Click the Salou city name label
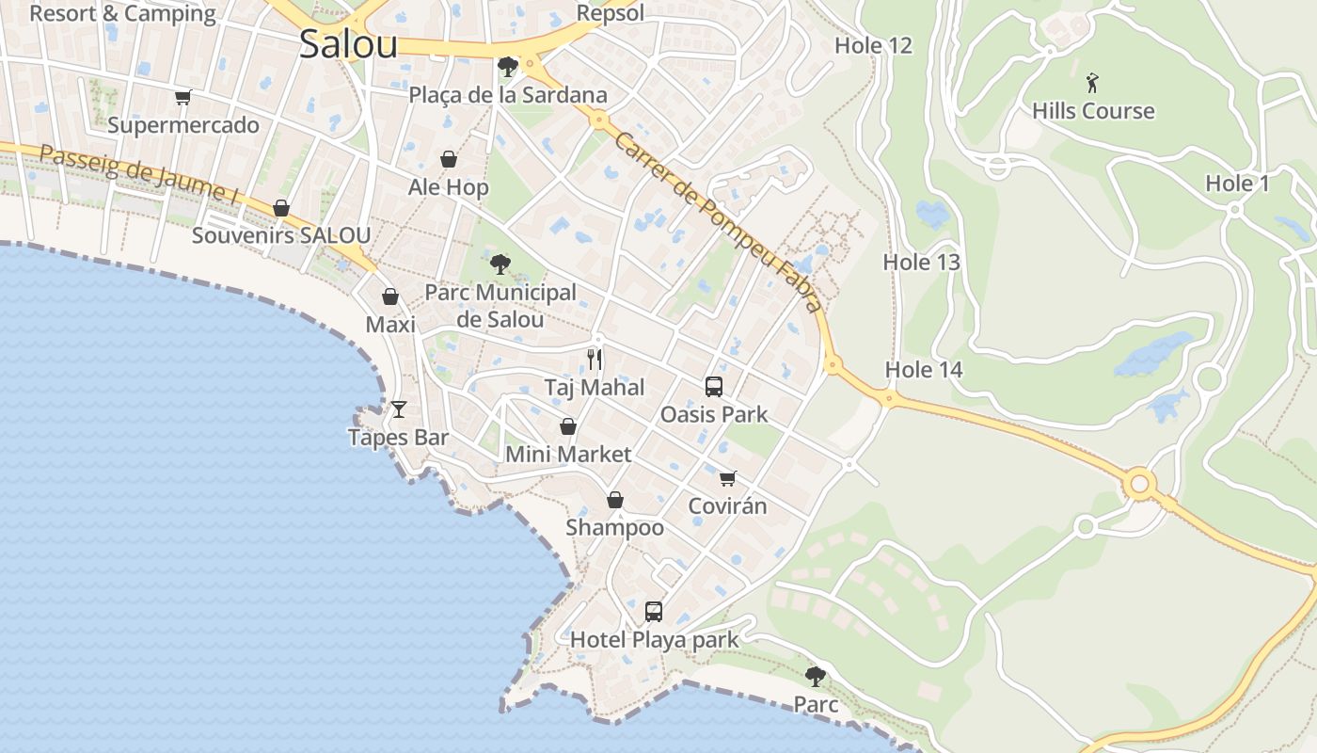pyautogui.click(x=348, y=43)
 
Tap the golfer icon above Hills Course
pyautogui.click(x=1092, y=83)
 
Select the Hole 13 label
pyautogui.click(x=921, y=263)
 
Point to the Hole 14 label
pyautogui.click(x=924, y=370)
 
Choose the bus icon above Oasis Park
pyautogui.click(x=714, y=387)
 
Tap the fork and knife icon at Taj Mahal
pyautogui.click(x=595, y=360)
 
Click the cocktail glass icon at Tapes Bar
pyautogui.click(x=399, y=409)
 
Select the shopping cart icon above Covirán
pyautogui.click(x=727, y=479)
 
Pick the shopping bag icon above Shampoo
pyautogui.click(x=615, y=500)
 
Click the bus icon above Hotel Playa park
pyautogui.click(x=654, y=612)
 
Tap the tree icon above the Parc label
pyautogui.click(x=816, y=676)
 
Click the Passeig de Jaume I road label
pyautogui.click(x=138, y=175)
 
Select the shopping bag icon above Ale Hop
pyautogui.click(x=449, y=159)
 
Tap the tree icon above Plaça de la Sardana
pyautogui.click(x=507, y=67)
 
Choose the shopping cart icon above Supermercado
pyautogui.click(x=183, y=97)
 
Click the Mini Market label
pyautogui.click(x=568, y=455)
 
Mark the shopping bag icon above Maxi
pyautogui.click(x=390, y=297)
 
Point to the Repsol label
pyautogui.click(x=611, y=13)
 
